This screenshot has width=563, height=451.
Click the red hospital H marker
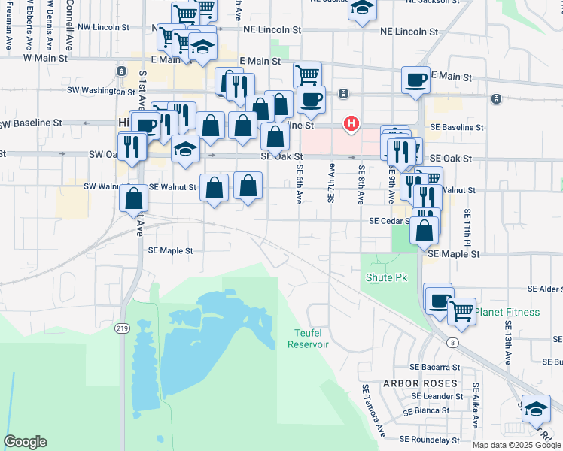click(x=351, y=123)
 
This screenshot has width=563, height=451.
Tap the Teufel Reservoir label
click(x=308, y=338)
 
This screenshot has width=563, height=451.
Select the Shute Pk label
click(x=385, y=277)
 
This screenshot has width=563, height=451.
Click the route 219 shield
click(x=123, y=328)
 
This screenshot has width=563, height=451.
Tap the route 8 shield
click(x=452, y=343)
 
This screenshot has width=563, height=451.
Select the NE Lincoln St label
click(x=409, y=32)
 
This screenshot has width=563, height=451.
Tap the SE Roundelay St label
click(x=429, y=439)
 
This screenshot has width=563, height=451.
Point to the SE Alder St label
click(x=545, y=289)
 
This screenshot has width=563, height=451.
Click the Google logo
click(x=25, y=442)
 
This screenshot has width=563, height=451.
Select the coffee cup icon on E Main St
click(x=415, y=79)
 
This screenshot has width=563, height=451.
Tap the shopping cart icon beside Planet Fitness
click(x=461, y=309)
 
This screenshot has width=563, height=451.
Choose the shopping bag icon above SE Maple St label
click(x=425, y=229)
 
